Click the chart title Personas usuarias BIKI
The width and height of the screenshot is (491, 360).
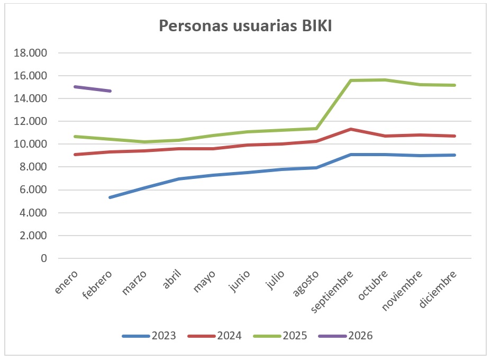point(245,26)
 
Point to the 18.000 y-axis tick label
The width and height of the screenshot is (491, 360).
point(32,53)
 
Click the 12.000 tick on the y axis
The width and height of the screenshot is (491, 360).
point(32,121)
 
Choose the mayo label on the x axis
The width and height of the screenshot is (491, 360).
point(205,280)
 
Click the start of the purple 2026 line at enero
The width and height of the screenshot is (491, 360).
point(75,86)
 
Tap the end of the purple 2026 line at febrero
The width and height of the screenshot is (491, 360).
point(110,91)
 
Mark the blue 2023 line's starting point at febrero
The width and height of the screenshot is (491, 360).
point(110,197)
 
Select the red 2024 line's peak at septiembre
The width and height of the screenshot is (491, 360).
point(351,129)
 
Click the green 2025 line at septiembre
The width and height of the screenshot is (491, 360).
point(351,80)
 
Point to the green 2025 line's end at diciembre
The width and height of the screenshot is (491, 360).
point(455,85)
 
